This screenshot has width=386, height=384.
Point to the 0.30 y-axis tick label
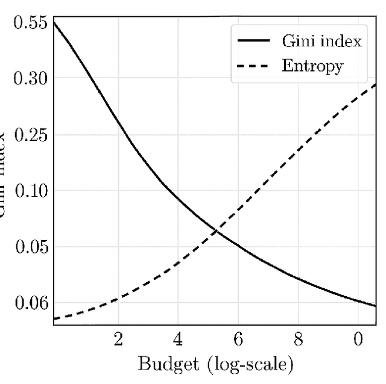(x=30, y=78)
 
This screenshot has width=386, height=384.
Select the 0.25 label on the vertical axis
(x=30, y=135)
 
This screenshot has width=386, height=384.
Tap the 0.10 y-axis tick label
(x=30, y=191)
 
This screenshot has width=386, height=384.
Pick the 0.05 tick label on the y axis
(x=30, y=247)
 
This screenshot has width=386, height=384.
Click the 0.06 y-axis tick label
(x=30, y=303)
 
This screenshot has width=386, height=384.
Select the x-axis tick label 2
(x=118, y=340)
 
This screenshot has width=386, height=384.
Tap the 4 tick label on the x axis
(x=178, y=340)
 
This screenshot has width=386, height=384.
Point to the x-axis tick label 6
(x=238, y=340)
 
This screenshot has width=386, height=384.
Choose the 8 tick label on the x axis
(x=298, y=340)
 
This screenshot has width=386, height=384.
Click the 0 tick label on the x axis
(x=358, y=340)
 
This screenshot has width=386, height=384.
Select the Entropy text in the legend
(x=312, y=66)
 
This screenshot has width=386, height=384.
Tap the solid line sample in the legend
(x=255, y=41)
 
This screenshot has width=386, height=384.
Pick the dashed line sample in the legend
(x=255, y=65)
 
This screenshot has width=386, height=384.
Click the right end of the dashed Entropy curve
(x=375, y=84)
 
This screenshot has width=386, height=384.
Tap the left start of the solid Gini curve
(x=54, y=22)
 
